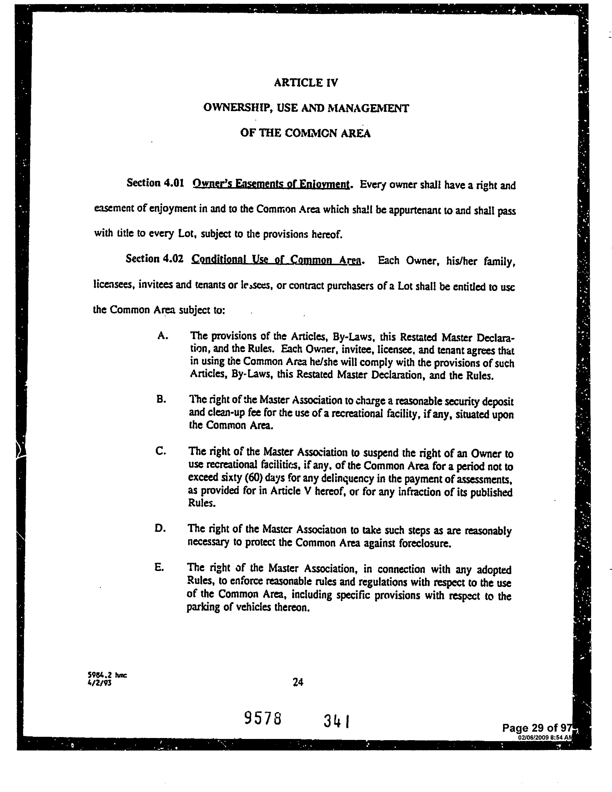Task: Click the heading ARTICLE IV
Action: (306, 83)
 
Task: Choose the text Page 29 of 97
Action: (537, 727)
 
